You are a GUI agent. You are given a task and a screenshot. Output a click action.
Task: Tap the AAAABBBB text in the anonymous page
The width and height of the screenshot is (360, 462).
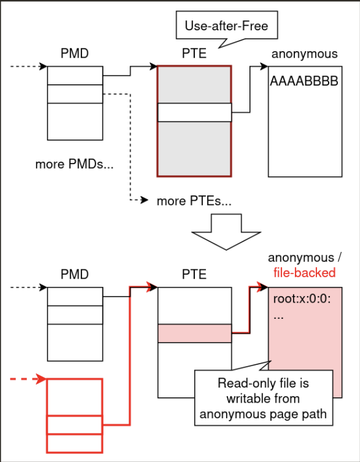pyautogui.click(x=303, y=81)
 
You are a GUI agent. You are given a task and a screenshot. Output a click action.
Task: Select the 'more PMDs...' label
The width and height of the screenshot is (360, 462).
pyautogui.click(x=74, y=164)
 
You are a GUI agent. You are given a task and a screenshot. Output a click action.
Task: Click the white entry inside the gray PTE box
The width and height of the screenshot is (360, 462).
pyautogui.click(x=194, y=112)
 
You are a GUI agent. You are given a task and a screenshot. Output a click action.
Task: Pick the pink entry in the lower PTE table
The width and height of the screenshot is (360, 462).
pyautogui.click(x=194, y=333)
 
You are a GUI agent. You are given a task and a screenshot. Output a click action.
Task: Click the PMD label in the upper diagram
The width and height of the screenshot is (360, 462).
pyautogui.click(x=74, y=54)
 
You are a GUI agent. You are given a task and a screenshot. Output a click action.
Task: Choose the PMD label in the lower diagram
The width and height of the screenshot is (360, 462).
pyautogui.click(x=74, y=274)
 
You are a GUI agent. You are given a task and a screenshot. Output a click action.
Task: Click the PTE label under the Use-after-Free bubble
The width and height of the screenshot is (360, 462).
pyautogui.click(x=194, y=54)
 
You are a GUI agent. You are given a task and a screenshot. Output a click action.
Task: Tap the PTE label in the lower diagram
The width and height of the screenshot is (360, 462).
pyautogui.click(x=194, y=274)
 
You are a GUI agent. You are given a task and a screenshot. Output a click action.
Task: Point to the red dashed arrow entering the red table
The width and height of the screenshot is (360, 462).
pyautogui.click(x=28, y=379)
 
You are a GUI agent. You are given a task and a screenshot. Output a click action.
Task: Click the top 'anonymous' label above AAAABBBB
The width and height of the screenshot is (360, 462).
pyautogui.click(x=304, y=54)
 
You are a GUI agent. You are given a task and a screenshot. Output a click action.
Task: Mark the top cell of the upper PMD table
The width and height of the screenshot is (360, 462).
pyautogui.click(x=74, y=76)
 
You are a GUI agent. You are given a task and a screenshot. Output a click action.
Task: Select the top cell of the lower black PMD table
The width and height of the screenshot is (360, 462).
pyautogui.click(x=74, y=297)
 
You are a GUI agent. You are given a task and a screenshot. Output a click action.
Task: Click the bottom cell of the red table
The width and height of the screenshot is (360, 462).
pyautogui.click(x=74, y=443)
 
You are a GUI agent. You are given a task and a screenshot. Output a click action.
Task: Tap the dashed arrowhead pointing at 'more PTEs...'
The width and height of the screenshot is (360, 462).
pyautogui.click(x=145, y=201)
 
